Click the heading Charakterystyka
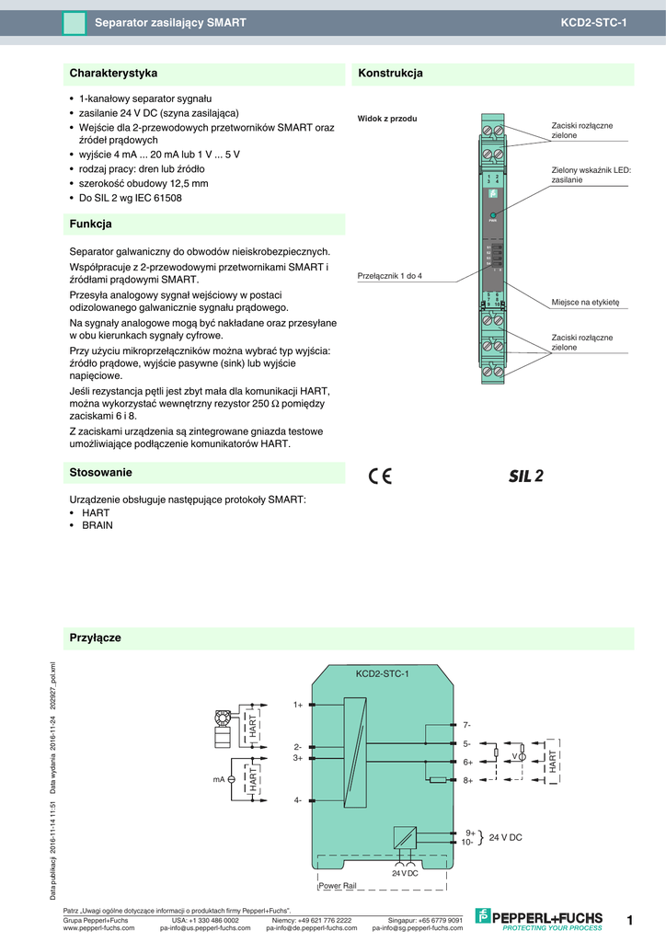[x=114, y=73]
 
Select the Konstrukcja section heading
[x=390, y=73]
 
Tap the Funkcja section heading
[x=91, y=224]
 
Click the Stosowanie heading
[x=101, y=472]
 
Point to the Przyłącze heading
[x=96, y=638]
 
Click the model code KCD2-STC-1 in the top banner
[x=593, y=22]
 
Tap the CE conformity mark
[x=380, y=476]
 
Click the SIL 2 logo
[x=526, y=476]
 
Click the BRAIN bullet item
[x=98, y=524]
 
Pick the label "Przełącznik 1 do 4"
[x=389, y=276]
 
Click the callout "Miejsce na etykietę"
[x=586, y=302]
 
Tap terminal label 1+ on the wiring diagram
[x=298, y=705]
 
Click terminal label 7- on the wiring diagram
[x=466, y=726]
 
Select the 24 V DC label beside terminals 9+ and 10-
[x=505, y=837]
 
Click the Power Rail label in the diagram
[x=337, y=885]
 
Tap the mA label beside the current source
[x=219, y=779]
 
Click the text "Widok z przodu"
[x=387, y=119]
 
